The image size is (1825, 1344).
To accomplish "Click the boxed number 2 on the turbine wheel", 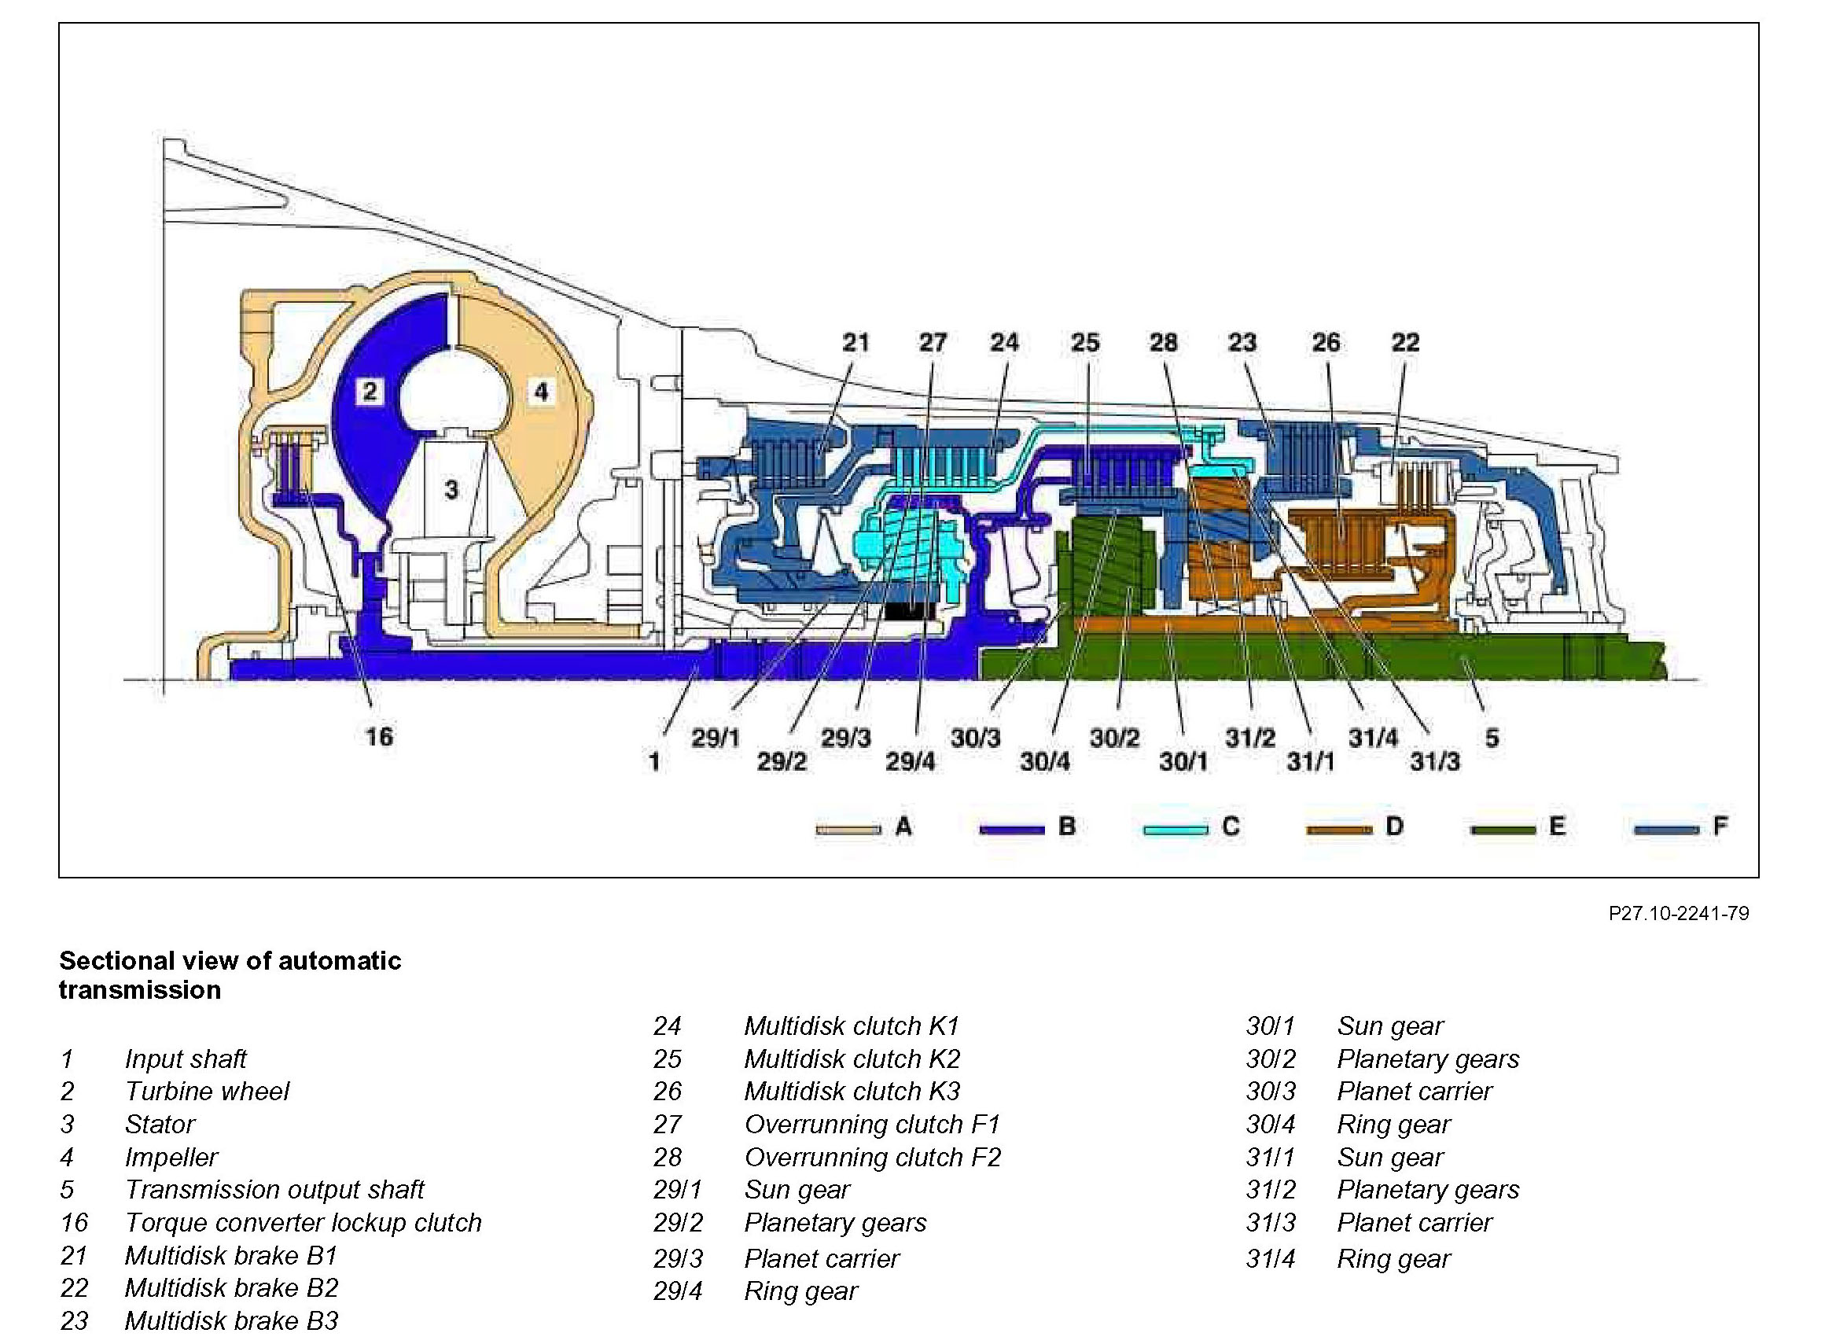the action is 370,392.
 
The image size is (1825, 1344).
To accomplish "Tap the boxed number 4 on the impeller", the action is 541,392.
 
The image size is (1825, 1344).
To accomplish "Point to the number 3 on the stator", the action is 451,489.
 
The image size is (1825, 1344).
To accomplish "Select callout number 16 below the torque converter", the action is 379,737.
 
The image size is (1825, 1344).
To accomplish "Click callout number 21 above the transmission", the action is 855,343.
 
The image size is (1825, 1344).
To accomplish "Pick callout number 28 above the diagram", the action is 1163,343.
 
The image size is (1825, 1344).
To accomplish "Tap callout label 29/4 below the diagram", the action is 910,762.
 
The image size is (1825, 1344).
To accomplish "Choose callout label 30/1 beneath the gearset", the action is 1183,762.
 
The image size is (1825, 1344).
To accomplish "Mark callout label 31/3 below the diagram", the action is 1435,762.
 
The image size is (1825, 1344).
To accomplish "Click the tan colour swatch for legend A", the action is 848,829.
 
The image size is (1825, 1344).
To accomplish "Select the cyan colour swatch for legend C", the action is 1176,829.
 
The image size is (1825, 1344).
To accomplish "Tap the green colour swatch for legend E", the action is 1503,829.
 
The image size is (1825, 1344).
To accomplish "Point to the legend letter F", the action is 1720,827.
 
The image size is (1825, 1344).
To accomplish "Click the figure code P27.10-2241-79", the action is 1679,914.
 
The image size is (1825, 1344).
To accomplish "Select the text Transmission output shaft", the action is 274,1189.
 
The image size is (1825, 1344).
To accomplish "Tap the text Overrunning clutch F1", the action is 872,1125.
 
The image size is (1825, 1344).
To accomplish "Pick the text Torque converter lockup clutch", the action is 304,1223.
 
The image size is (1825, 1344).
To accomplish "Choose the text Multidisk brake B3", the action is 231,1320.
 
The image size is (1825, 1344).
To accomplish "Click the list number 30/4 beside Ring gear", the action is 1271,1125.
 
